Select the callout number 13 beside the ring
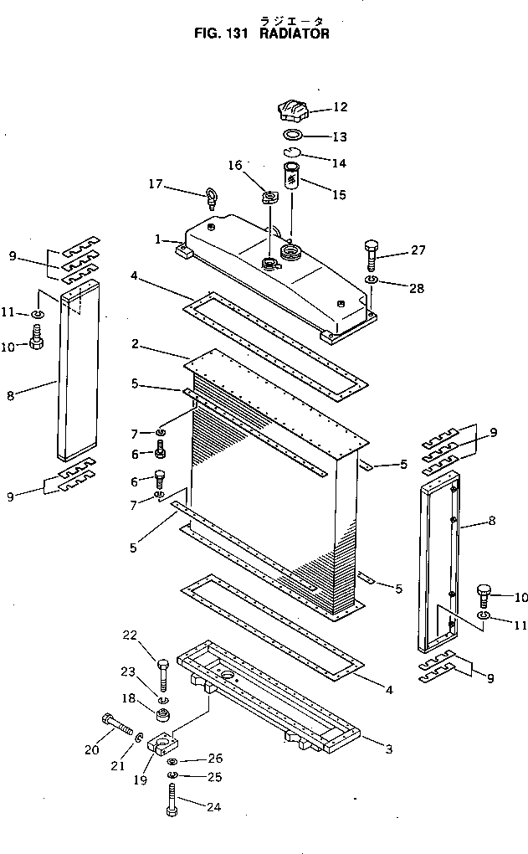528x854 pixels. pos(340,136)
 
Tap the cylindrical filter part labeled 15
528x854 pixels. pos(293,178)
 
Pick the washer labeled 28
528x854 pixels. pos(372,279)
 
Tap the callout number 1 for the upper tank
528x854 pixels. pos(158,239)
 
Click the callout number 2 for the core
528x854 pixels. pos(136,343)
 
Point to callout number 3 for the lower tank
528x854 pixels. pos(389,749)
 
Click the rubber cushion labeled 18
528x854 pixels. pos(164,717)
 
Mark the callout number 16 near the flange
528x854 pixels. pos(234,165)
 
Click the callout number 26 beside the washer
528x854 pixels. pos(215,758)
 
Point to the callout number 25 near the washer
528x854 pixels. pos(215,778)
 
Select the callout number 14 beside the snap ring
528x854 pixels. pos(340,163)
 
